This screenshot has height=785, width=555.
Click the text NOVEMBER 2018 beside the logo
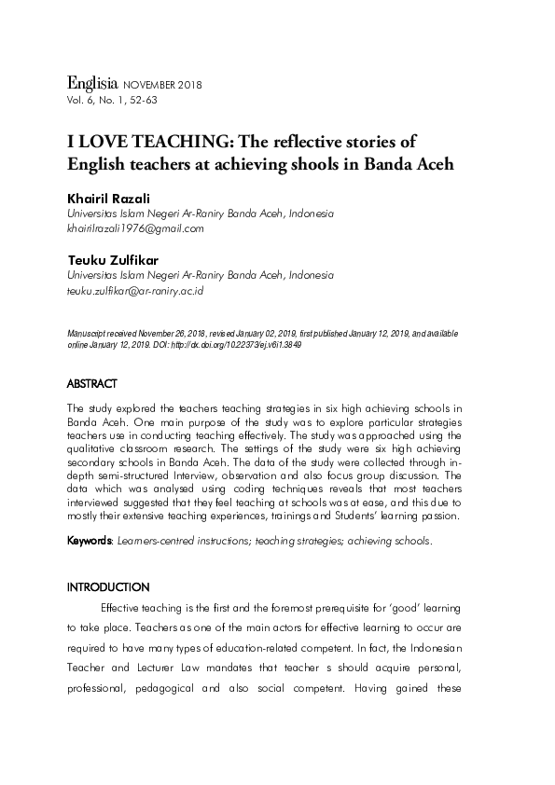click(162, 85)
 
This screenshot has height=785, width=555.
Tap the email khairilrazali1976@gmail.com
click(134, 227)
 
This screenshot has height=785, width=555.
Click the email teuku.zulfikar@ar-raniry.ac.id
click(135, 291)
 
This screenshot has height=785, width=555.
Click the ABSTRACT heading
click(92, 383)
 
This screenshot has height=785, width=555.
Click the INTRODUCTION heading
click(107, 587)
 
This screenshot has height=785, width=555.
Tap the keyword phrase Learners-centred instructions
click(181, 540)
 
